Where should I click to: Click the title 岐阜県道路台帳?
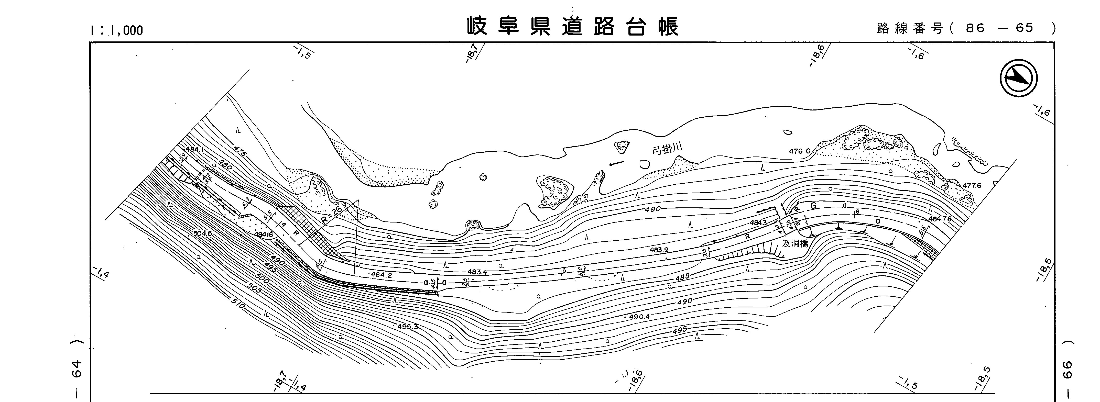pos(572,26)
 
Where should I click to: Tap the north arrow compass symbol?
pos(1018,78)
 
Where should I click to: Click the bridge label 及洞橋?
pos(795,244)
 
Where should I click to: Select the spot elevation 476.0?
pos(799,151)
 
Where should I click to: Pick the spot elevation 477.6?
pos(972,186)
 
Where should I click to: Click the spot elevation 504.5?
pos(202,233)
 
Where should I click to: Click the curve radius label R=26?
pos(332,214)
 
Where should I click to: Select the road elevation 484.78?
pos(940,219)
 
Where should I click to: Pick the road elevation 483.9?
pos(659,250)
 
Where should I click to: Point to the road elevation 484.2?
pos(381,275)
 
